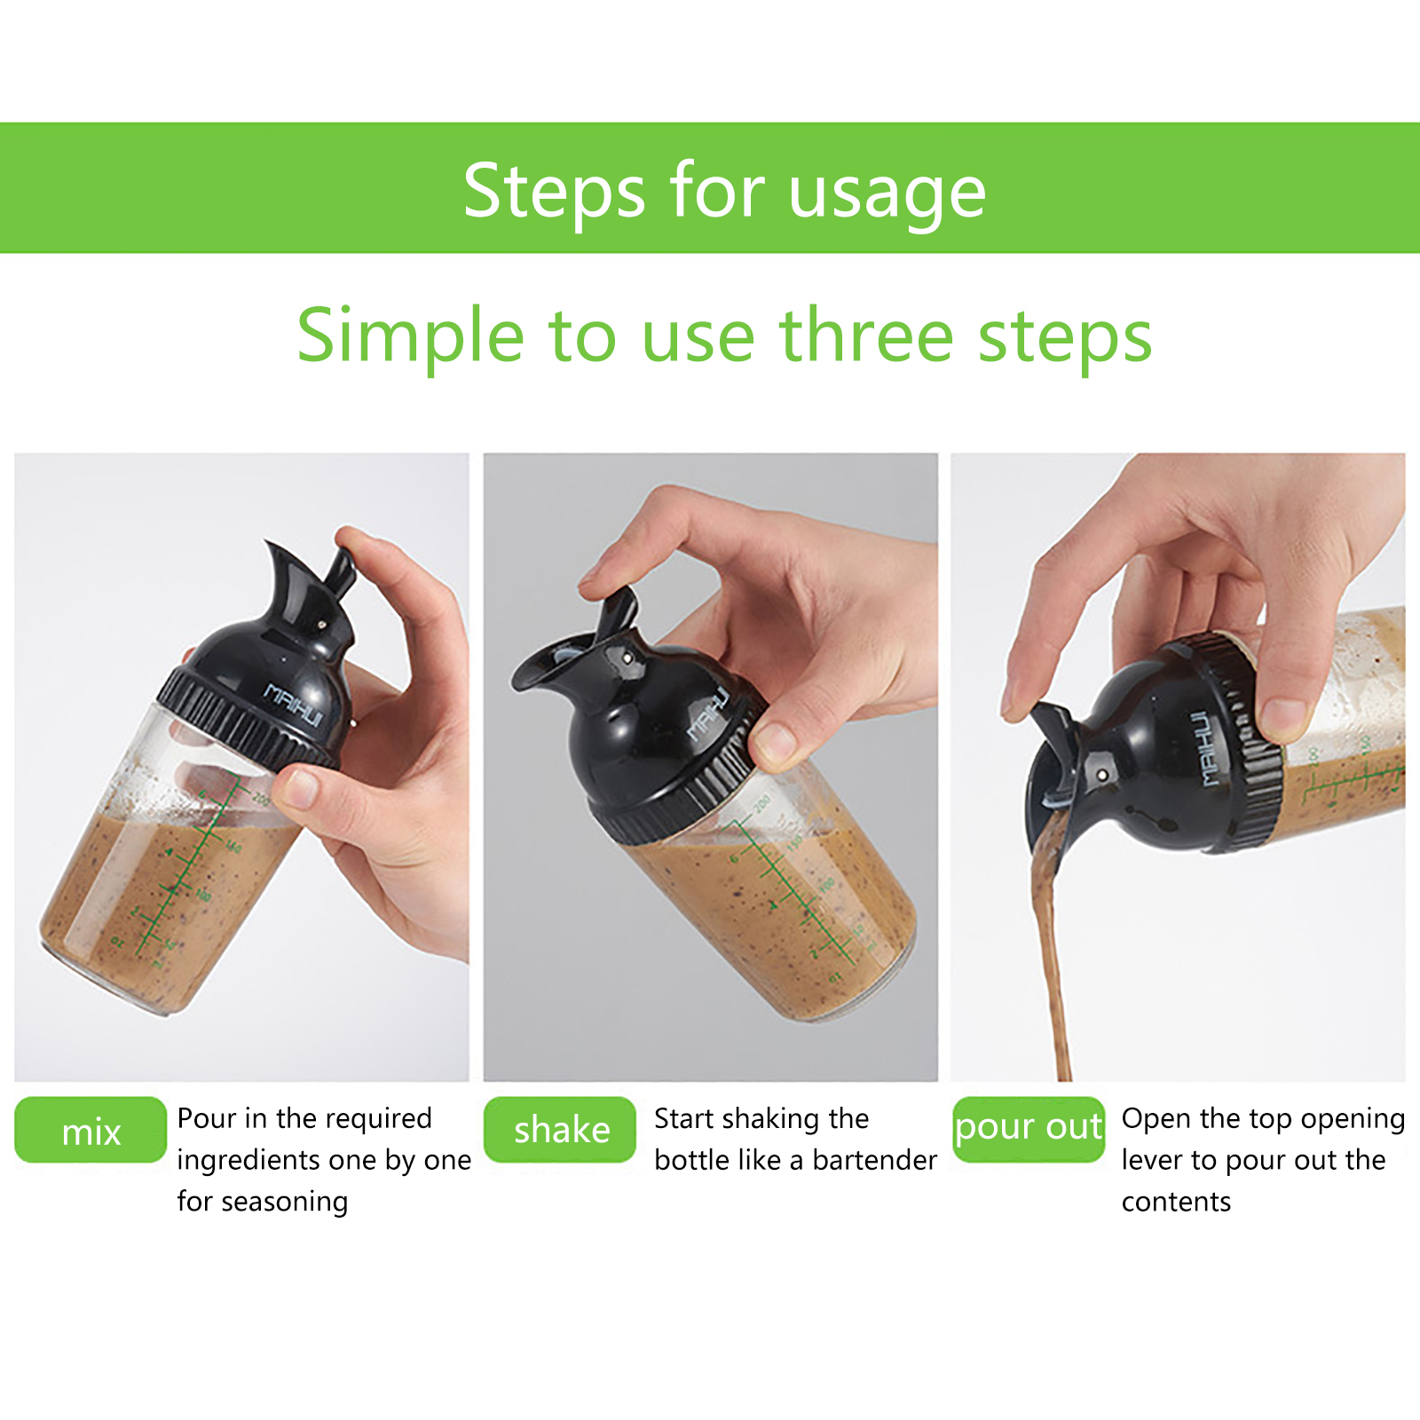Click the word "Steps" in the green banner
coord(554,191)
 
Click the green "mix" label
coord(91,1130)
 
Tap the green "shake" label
coord(560,1130)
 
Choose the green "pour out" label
coord(1029,1129)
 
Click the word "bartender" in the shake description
coord(874,1160)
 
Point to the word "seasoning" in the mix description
coord(285,1203)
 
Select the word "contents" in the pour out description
coord(1176,1202)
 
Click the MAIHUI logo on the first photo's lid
coord(294,704)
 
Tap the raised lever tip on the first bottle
coord(343,564)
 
